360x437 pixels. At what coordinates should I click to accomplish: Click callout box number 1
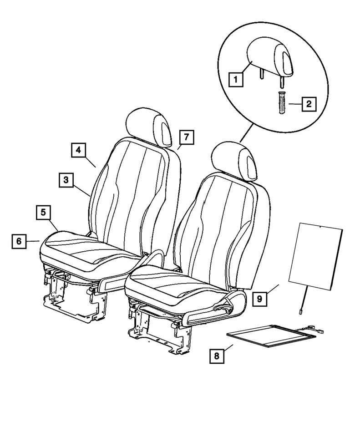(236, 80)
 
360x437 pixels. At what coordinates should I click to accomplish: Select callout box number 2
(308, 105)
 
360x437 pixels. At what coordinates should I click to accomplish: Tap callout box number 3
(66, 180)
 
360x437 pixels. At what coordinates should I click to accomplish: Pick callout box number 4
(78, 150)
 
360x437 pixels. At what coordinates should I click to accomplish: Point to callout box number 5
(43, 212)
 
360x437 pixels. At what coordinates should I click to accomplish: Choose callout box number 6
(19, 241)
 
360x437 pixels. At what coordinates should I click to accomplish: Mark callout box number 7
(186, 136)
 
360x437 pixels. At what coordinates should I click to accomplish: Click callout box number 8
(217, 356)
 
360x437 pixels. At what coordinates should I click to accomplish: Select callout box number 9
(259, 299)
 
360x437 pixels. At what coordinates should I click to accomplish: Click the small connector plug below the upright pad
(300, 312)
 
